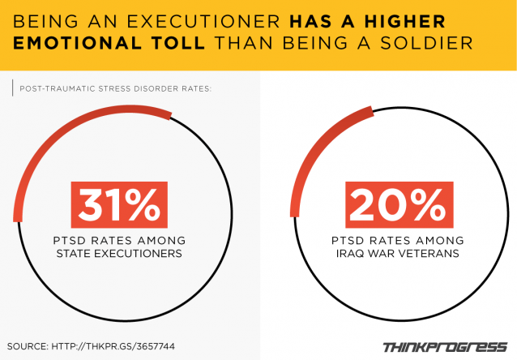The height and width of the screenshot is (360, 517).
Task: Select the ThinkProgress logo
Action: (x=444, y=346)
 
